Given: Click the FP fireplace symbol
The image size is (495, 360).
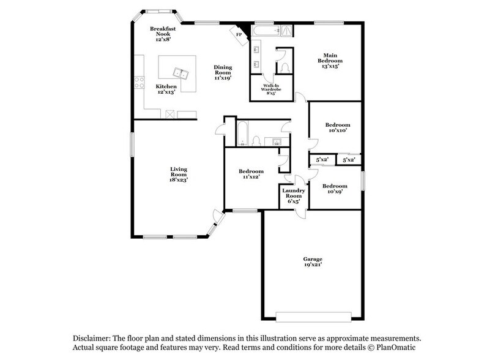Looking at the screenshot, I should [238, 34].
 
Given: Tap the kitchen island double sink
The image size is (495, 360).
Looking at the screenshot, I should [181, 74].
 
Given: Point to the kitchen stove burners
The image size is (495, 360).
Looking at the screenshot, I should [140, 80].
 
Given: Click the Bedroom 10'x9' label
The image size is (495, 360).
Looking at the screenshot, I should [334, 188].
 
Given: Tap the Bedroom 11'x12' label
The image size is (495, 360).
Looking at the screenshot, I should [251, 174].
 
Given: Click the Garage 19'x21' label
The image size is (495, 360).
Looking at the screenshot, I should [312, 262].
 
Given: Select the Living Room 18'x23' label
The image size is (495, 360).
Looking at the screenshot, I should [179, 174].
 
